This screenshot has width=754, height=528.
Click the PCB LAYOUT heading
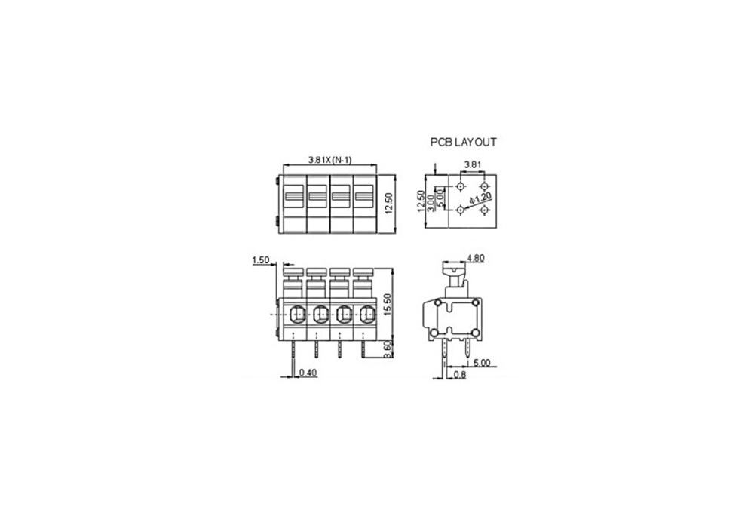463,143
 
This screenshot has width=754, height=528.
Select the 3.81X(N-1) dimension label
330,160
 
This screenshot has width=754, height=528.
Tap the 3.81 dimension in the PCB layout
472,164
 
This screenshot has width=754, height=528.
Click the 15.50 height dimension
388,305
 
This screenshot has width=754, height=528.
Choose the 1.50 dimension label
261,260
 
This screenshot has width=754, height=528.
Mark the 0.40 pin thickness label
308,372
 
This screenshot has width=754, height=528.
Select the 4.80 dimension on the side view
476,258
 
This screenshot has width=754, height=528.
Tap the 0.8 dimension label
460,374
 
